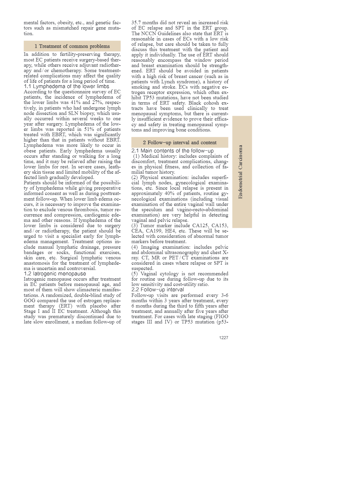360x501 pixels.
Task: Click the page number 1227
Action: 223,338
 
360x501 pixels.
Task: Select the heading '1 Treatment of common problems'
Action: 72,46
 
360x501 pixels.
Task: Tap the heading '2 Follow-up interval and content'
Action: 180,142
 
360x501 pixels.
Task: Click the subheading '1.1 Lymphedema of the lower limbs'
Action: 67,86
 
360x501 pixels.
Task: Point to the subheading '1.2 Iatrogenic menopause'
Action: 55,274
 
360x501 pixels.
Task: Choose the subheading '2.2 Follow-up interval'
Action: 158,289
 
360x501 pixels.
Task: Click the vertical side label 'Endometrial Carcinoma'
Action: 241,172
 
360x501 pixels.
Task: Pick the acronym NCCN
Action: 148,33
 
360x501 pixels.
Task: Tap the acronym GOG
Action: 30,300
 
